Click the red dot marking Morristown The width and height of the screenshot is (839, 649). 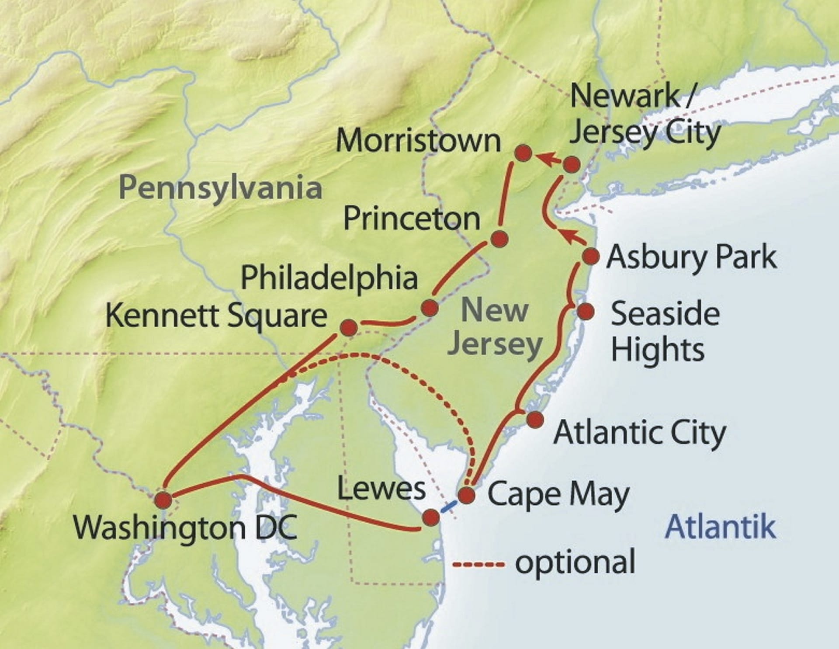523,153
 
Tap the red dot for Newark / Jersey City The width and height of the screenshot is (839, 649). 572,165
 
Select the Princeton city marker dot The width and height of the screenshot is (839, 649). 499,239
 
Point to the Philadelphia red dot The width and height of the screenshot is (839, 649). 429,308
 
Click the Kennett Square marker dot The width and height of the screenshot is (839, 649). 349,328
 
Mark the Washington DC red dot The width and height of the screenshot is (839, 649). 163,500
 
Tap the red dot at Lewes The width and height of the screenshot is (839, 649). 431,517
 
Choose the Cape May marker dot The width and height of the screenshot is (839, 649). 467,496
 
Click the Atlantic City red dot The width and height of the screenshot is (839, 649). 535,420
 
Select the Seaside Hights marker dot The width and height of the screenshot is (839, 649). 586,312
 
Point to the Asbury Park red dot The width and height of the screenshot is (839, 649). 591,257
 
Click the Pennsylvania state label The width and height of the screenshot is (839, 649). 220,188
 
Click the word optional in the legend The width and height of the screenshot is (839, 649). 575,562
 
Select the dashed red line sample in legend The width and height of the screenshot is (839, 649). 479,565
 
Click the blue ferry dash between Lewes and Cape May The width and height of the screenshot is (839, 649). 449,507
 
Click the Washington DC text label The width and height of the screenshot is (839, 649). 185,528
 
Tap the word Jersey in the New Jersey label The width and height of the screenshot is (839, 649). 495,345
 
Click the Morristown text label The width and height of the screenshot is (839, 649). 418,141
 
